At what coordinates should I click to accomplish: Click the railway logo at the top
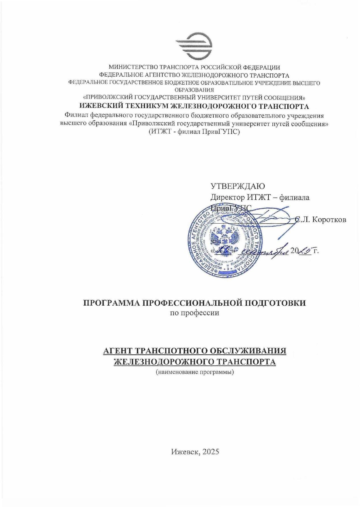(194, 46)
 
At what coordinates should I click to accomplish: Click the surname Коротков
(329, 220)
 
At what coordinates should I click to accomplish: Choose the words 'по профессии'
(194, 313)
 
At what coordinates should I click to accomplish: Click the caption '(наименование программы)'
(194, 372)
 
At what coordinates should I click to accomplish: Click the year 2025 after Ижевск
(211, 451)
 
